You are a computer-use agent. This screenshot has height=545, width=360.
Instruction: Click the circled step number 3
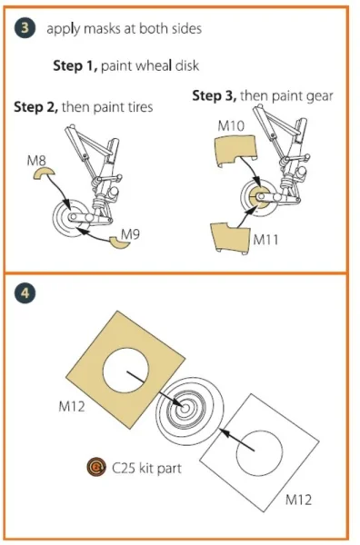click(x=25, y=28)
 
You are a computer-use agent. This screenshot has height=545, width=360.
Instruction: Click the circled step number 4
click(x=25, y=293)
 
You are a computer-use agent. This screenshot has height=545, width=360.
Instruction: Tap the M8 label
click(x=36, y=161)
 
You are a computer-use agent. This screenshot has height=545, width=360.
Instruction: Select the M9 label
click(x=130, y=234)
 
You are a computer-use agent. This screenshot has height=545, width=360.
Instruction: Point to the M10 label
click(x=231, y=126)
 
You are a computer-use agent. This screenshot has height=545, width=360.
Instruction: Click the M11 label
click(x=265, y=240)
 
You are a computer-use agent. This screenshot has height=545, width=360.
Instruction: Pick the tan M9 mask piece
click(x=120, y=243)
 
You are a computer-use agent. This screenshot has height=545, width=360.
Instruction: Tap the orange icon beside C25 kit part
click(x=96, y=468)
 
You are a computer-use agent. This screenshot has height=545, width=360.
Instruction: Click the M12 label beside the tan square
click(x=72, y=406)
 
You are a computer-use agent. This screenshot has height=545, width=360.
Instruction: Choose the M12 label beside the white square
click(x=298, y=500)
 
